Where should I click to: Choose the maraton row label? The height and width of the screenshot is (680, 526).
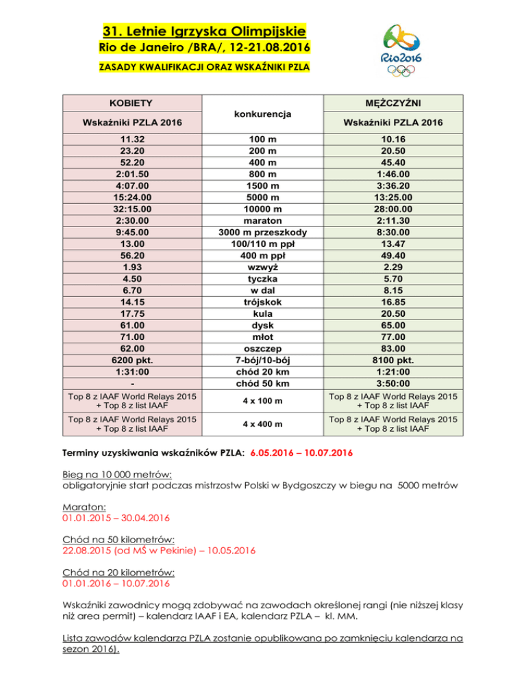pos(262,221)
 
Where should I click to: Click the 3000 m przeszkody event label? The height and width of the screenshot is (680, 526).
pos(262,233)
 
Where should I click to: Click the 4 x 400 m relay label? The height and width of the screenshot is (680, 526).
pos(262,424)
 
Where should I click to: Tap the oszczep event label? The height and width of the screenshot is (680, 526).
pos(262,350)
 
